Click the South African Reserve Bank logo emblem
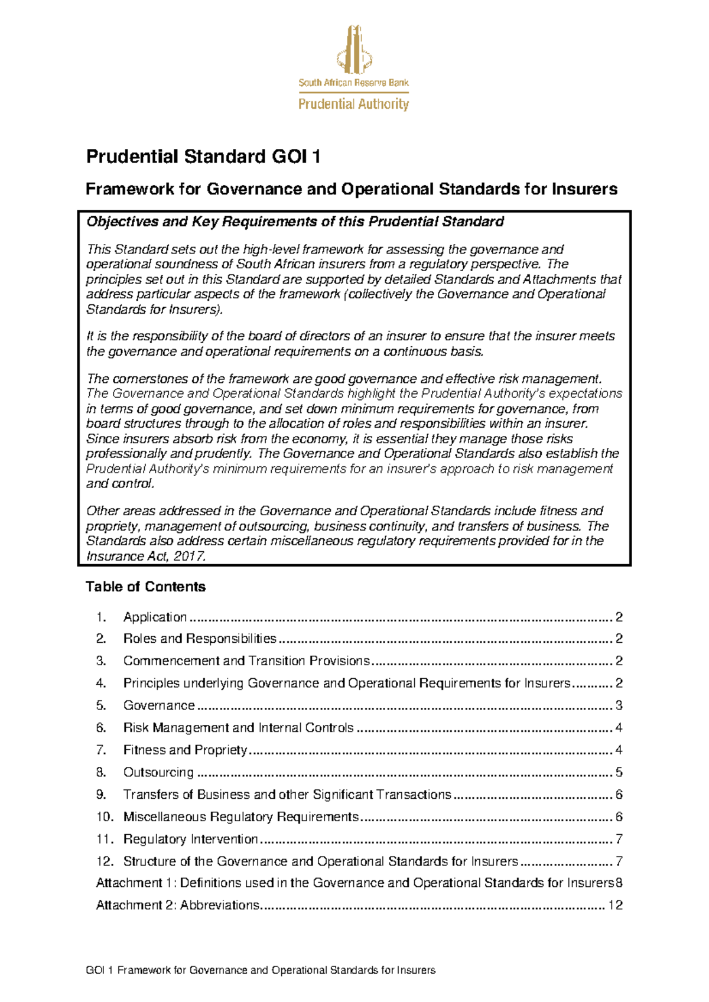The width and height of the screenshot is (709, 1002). click(354, 50)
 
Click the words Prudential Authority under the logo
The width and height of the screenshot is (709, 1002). click(353, 105)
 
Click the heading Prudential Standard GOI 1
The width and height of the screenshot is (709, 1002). click(203, 157)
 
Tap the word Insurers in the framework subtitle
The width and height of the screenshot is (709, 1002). click(584, 189)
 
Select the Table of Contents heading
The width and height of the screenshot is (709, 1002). click(145, 587)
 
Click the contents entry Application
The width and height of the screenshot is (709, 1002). click(155, 617)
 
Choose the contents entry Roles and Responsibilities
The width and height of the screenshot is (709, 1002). click(200, 639)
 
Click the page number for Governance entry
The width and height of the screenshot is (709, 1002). click(619, 705)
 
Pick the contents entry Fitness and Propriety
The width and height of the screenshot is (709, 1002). click(185, 750)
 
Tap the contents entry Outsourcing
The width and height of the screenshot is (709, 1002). click(158, 772)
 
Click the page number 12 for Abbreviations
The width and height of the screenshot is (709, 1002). click(615, 905)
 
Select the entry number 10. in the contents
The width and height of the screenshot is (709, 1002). click(105, 817)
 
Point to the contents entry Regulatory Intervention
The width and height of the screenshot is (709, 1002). click(190, 839)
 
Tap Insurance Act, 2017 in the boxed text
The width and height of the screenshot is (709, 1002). click(145, 557)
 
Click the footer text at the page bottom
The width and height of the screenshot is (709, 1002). click(261, 970)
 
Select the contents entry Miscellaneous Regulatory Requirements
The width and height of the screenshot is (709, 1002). click(240, 817)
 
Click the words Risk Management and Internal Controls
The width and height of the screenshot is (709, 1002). click(238, 728)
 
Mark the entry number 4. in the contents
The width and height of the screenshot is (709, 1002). click(101, 684)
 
